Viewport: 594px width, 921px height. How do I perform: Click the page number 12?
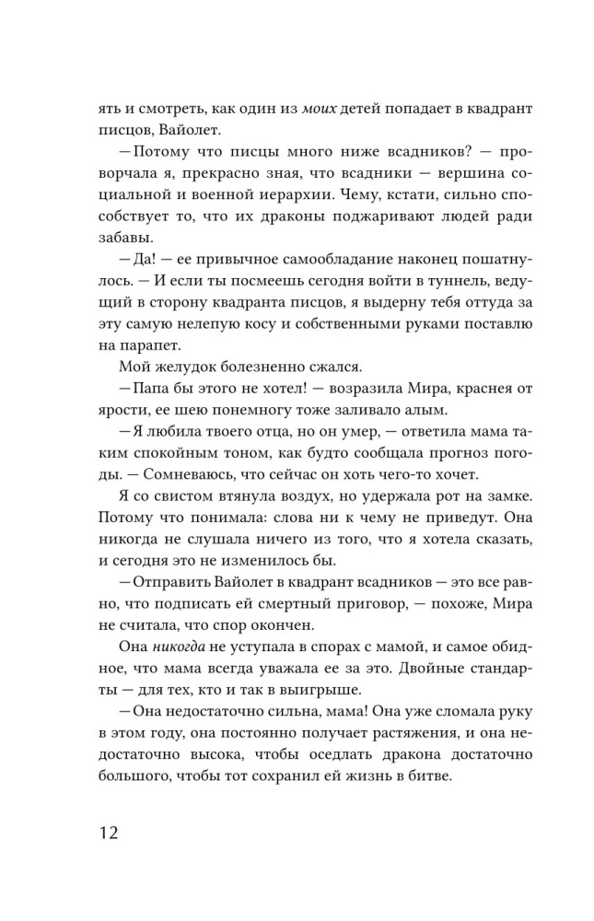[107, 834]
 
